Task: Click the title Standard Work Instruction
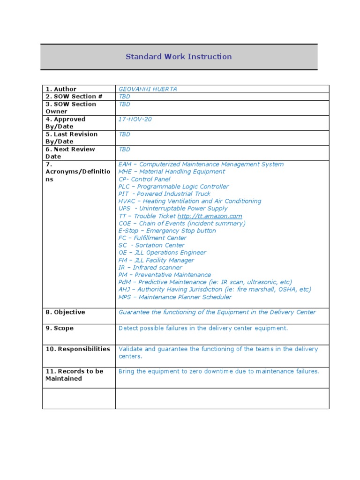pos(179,57)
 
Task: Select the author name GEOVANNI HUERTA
pos(148,89)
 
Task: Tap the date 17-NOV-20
pos(135,120)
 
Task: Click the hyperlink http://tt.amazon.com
pos(210,216)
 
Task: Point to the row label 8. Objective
pos(65,312)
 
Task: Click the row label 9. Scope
pos(60,328)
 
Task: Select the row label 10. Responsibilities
pos(78,349)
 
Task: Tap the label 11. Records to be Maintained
pos(74,375)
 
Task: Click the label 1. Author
pos(61,89)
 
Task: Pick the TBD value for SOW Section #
pos(124,97)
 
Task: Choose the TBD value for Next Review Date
pos(124,150)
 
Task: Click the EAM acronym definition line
pos(201,165)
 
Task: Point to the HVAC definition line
pos(190,201)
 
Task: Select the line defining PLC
pos(173,187)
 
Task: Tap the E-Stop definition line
pos(167,231)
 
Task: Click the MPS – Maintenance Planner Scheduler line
pos(175,297)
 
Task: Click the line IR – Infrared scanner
pos(150,268)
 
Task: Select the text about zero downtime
pos(219,371)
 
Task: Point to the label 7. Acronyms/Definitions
pos(78,172)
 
